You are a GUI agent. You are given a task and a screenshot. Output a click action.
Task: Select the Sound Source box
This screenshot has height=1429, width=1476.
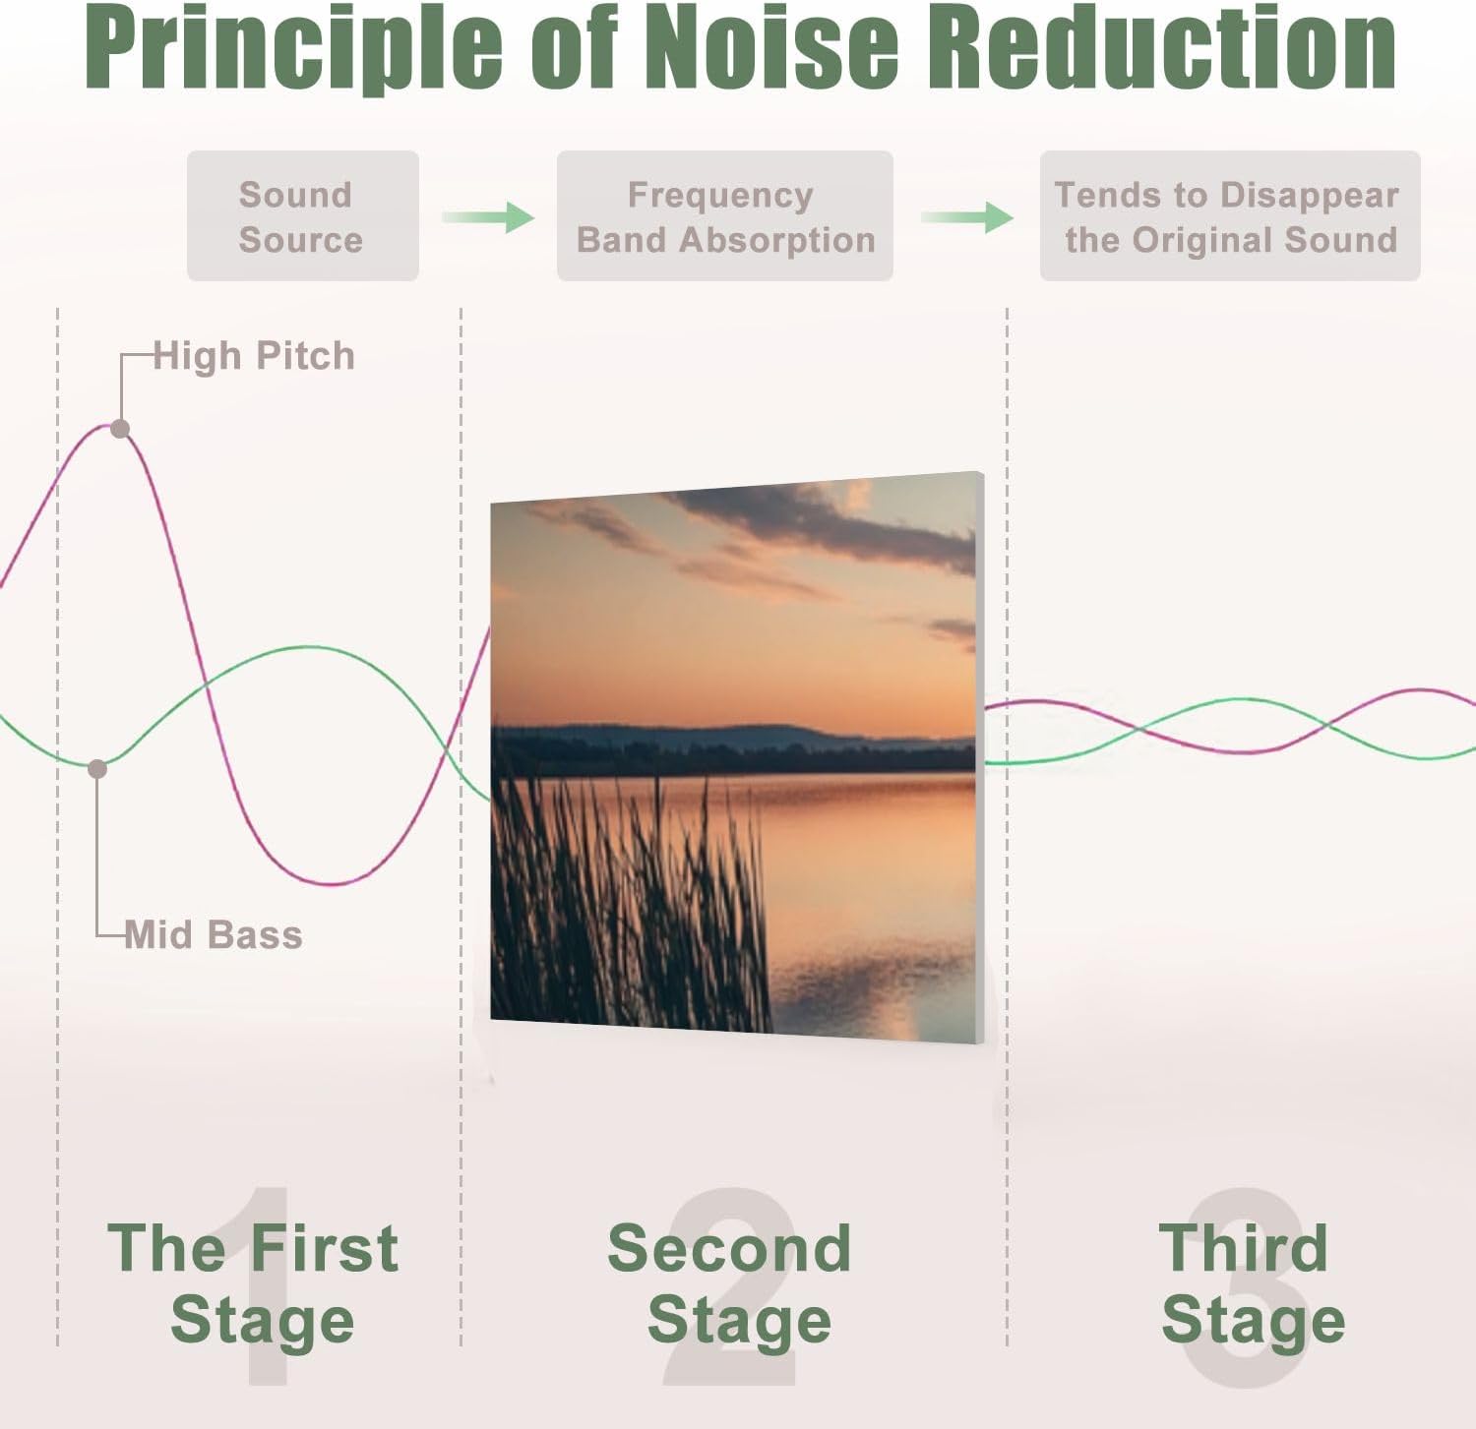point(303,216)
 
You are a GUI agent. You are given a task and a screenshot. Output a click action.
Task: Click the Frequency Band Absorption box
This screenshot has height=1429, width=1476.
point(725,216)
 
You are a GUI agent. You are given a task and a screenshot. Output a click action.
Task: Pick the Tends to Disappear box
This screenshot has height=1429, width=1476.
point(1230,216)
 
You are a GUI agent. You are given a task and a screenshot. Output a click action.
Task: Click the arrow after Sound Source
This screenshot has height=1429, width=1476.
point(488,217)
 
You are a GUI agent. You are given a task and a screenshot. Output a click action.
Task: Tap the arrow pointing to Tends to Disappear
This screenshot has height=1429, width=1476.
point(967,217)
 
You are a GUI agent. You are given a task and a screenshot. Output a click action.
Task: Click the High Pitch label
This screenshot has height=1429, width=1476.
point(254,356)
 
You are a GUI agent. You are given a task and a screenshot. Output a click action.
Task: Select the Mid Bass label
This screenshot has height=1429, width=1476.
point(214,934)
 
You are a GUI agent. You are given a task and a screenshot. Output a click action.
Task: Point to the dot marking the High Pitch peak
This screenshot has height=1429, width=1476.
point(120,429)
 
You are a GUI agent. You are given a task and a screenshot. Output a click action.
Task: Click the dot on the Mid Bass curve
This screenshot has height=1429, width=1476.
point(97,769)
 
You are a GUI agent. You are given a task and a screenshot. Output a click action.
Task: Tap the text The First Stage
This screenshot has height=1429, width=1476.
point(254,1283)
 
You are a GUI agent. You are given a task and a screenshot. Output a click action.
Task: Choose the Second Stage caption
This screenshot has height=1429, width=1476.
point(730,1283)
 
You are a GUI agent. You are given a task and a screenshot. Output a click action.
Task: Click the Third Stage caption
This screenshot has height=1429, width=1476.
point(1252,1283)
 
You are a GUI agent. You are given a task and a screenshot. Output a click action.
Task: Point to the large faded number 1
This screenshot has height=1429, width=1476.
point(268,1287)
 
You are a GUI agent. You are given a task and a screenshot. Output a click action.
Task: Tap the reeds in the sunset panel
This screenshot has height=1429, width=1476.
point(630,905)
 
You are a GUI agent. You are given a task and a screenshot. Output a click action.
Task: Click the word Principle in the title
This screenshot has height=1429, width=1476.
point(294,49)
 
